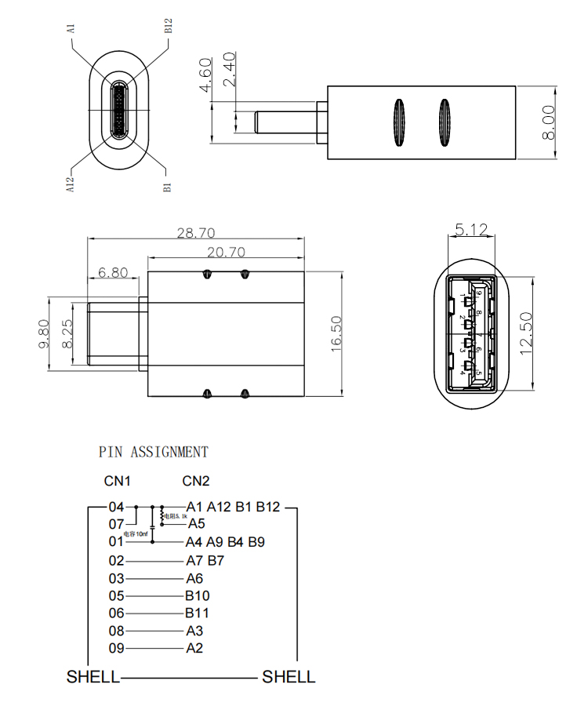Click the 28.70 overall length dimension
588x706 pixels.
pyautogui.click(x=196, y=233)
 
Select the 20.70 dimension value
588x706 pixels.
pyautogui.click(x=226, y=252)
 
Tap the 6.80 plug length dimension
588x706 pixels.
pyautogui.click(x=113, y=273)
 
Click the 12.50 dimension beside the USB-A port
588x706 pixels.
pyautogui.click(x=526, y=333)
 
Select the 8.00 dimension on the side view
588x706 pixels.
pyautogui.click(x=548, y=122)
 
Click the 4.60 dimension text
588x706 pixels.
pyautogui.click(x=206, y=75)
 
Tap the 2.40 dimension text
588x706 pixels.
pyautogui.click(x=230, y=70)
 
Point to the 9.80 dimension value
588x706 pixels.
pyautogui.click(x=44, y=333)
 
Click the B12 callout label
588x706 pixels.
pyautogui.click(x=168, y=25)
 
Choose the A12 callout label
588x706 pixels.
pyautogui.click(x=70, y=185)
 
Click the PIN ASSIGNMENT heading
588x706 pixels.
pyautogui.click(x=154, y=452)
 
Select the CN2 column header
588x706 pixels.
pyautogui.click(x=196, y=481)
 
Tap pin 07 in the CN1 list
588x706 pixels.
pyautogui.click(x=117, y=524)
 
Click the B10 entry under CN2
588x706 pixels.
pyautogui.click(x=198, y=595)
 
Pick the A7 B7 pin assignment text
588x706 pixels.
pyautogui.click(x=205, y=560)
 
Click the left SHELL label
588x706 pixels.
pyautogui.click(x=93, y=676)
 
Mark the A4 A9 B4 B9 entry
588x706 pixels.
pyautogui.click(x=225, y=541)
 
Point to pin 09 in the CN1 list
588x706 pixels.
pyautogui.click(x=117, y=648)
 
